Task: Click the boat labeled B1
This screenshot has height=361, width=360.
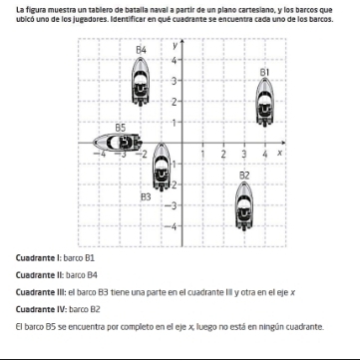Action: pyautogui.click(x=264, y=102)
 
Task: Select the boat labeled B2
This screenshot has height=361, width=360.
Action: pyautogui.click(x=244, y=206)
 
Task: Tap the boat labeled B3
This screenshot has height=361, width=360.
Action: pyautogui.click(x=162, y=167)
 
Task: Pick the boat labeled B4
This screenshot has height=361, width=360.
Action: pyautogui.click(x=141, y=82)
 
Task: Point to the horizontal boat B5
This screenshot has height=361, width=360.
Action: pyautogui.click(x=118, y=142)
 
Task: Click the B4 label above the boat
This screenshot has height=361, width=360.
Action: pyautogui.click(x=141, y=50)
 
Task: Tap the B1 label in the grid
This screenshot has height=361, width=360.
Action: pyautogui.click(x=264, y=72)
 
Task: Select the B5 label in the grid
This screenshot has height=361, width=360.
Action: pyautogui.click(x=121, y=128)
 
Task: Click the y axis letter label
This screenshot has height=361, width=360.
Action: pyautogui.click(x=175, y=46)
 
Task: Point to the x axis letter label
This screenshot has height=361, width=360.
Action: pyautogui.click(x=280, y=153)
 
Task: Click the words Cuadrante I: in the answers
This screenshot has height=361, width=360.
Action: pyautogui.click(x=39, y=258)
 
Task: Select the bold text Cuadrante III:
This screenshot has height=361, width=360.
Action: pyautogui.click(x=41, y=292)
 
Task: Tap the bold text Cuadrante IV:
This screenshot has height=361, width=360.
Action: pyautogui.click(x=42, y=310)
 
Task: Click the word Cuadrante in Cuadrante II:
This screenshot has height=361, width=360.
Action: pyautogui.click(x=36, y=275)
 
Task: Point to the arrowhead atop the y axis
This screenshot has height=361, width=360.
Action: pyautogui.click(x=181, y=41)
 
